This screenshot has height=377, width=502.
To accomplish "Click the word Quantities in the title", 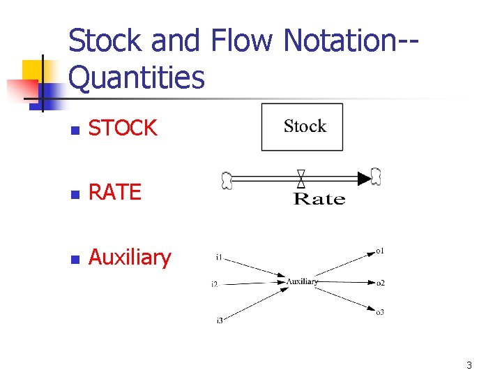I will (x=137, y=78).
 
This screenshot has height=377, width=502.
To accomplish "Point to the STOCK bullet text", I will (x=123, y=128).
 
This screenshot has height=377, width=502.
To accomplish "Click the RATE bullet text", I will (x=115, y=192).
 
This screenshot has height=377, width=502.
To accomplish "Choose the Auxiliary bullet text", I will (x=130, y=258).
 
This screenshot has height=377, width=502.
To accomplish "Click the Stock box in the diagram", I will (x=302, y=127).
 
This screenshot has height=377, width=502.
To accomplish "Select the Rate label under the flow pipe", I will (x=319, y=200).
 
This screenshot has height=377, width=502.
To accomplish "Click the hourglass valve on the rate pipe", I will (x=301, y=179).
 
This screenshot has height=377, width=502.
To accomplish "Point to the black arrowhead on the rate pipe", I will (x=364, y=179).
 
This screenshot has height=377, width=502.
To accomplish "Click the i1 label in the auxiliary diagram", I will (x=219, y=258).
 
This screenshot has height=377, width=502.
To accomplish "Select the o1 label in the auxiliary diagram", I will (x=380, y=250).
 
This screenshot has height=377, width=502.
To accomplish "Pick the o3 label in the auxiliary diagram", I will (x=380, y=312).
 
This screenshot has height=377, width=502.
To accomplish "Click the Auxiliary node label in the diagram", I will (x=302, y=282).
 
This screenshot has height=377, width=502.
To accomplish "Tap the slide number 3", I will (x=469, y=365).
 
